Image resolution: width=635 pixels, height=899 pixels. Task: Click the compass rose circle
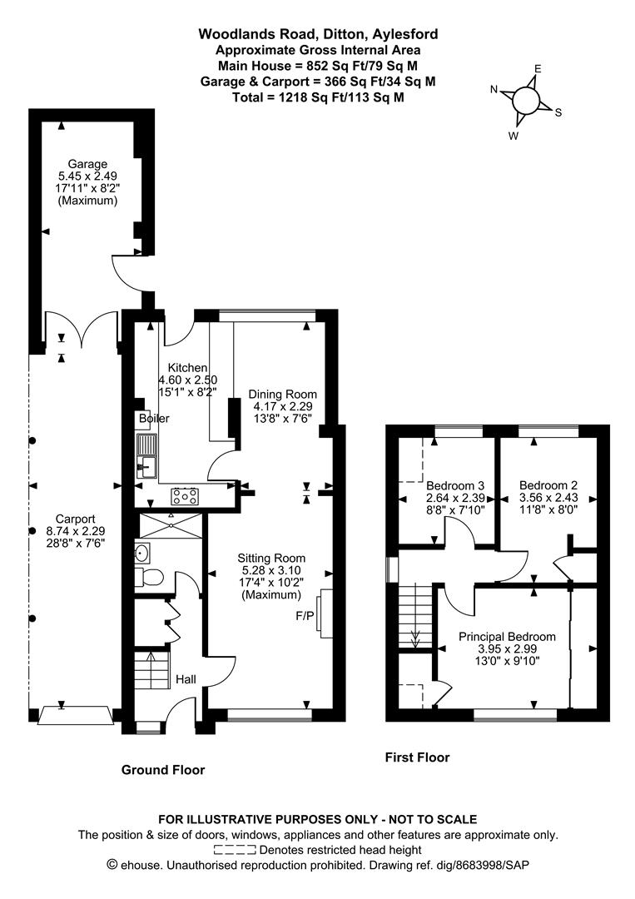(x=526, y=101)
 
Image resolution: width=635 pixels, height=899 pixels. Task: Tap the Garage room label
(x=87, y=164)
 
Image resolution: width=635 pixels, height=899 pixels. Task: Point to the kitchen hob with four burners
(x=185, y=497)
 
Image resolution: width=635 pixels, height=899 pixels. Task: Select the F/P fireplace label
(x=305, y=618)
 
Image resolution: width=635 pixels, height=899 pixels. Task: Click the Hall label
(x=186, y=680)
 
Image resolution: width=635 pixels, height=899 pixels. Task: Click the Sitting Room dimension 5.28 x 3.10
(x=270, y=570)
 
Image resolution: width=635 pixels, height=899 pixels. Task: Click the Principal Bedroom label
(x=507, y=637)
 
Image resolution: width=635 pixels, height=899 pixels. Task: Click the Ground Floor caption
(x=163, y=770)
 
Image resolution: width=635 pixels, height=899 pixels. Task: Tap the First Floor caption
(x=417, y=757)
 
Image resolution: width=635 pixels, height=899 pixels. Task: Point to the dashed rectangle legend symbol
(x=235, y=850)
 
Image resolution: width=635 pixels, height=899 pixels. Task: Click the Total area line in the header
(x=318, y=97)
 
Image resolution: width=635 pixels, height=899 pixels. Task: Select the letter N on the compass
(x=494, y=90)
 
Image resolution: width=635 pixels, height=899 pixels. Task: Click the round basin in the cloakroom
(x=141, y=551)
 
